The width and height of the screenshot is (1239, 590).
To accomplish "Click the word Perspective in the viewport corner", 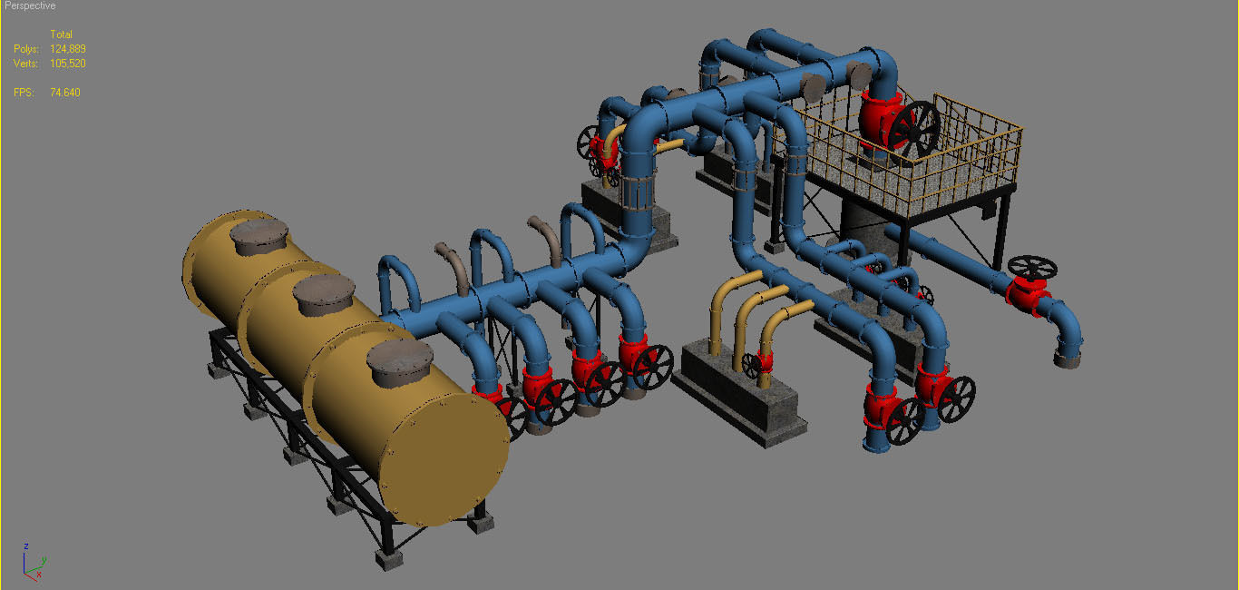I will pyautogui.click(x=30, y=5).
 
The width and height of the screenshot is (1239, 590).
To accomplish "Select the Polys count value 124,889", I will pyautogui.click(x=68, y=49).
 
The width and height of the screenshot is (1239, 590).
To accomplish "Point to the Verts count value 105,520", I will pyautogui.click(x=68, y=64).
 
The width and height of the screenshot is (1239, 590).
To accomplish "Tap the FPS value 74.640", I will pyautogui.click(x=65, y=93).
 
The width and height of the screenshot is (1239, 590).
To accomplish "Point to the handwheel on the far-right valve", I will pyautogui.click(x=1032, y=267).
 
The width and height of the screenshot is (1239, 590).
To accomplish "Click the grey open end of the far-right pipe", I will pyautogui.click(x=1068, y=360).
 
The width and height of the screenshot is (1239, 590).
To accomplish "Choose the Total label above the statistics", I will pyautogui.click(x=61, y=34).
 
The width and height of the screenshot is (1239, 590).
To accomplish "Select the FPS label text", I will pyautogui.click(x=24, y=93).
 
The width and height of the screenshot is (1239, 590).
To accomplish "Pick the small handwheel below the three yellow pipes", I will pyautogui.click(x=752, y=364).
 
